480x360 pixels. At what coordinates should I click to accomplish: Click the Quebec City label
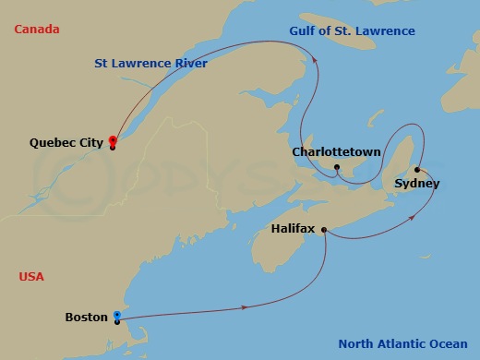66,143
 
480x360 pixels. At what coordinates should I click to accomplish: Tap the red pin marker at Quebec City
113,140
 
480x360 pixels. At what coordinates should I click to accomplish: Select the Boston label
87,317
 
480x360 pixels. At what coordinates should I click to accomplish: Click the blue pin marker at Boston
116,316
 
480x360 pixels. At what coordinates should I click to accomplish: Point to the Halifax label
294,227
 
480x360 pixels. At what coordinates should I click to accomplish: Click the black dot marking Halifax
323,233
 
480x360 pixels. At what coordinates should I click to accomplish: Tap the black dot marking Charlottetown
338,167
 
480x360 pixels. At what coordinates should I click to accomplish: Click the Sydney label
416,183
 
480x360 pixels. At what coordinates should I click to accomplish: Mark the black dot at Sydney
417,169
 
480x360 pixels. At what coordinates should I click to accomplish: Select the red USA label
30,276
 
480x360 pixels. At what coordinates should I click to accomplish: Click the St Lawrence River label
150,63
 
